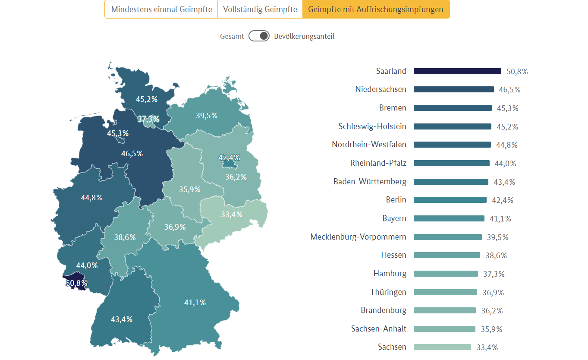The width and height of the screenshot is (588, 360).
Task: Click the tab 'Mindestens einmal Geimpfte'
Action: pos(161,9)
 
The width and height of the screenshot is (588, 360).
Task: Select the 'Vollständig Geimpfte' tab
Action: pos(260,9)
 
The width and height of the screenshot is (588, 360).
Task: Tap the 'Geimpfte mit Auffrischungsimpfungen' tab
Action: pos(376,9)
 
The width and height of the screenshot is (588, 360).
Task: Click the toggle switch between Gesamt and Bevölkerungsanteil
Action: pos(259,36)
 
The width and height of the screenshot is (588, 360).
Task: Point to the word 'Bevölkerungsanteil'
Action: pos(304,36)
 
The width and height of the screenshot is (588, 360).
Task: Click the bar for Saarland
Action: pos(457,71)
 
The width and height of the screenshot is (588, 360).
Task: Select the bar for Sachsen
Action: pos(442,347)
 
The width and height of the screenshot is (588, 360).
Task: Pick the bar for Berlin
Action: pos(450,200)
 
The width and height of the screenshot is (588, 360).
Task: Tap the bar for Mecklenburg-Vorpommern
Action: pos(447,237)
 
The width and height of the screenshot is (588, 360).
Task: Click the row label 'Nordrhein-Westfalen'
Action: pos(369,145)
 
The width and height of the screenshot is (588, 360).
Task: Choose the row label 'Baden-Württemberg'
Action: pos(370,181)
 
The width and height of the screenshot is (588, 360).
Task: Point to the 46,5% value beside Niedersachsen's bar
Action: pos(509,90)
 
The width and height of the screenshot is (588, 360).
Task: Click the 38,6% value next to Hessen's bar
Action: pos(496,256)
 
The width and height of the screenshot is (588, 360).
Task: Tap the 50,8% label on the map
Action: pos(76,283)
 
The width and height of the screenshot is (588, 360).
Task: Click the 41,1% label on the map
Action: pos(195,303)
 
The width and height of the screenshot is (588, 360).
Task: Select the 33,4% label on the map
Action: pos(232,215)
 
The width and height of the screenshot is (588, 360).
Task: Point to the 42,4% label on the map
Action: pos(229,158)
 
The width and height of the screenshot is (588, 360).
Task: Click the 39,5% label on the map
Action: pos(207,116)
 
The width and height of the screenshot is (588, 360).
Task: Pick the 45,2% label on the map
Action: pos(147,99)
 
